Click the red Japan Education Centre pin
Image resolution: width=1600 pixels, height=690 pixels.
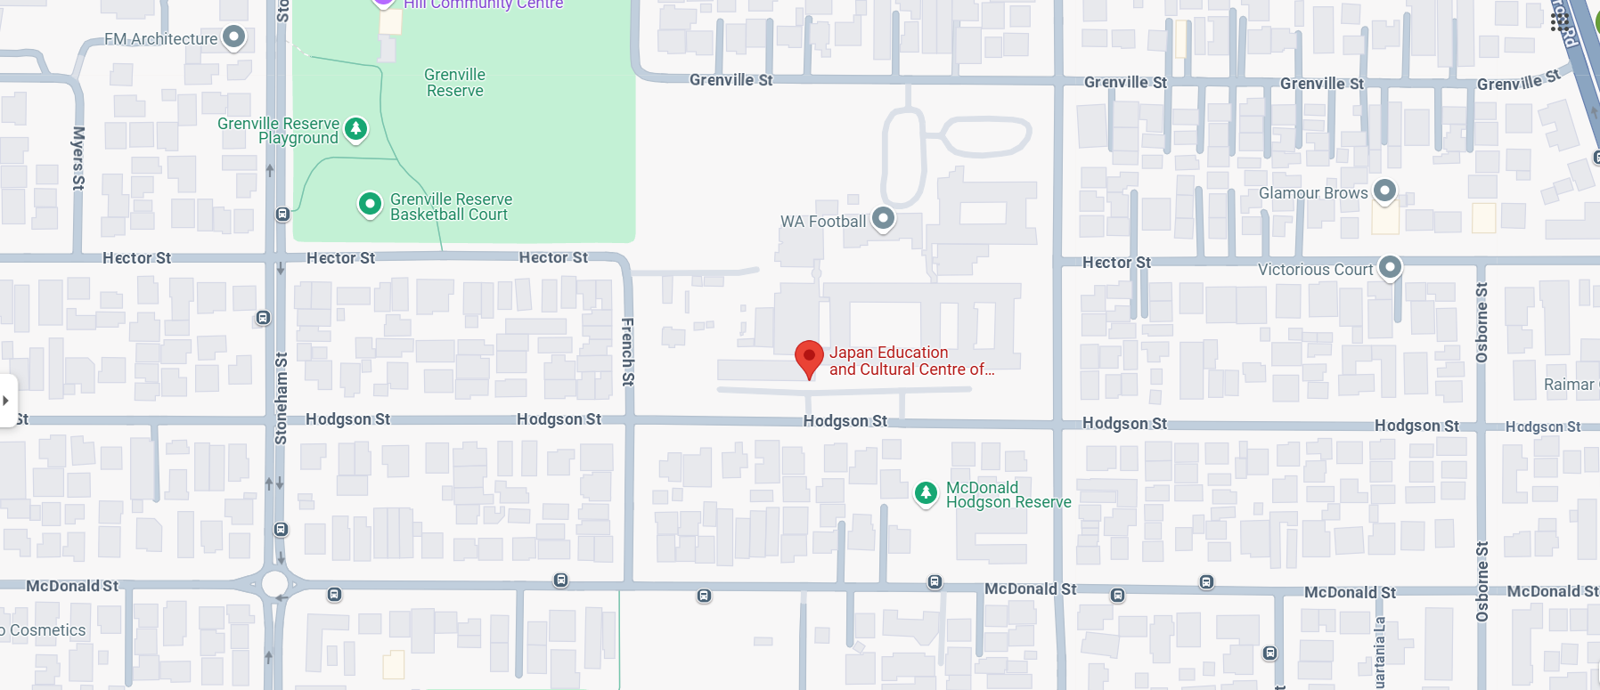point(809,357)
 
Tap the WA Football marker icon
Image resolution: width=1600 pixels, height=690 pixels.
point(883,218)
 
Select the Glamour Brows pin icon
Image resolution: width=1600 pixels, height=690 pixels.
point(1384,191)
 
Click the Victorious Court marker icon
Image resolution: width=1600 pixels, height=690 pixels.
point(1390,267)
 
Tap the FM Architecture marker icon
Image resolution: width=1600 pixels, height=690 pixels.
point(233,37)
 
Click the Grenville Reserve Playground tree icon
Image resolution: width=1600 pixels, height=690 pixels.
point(356,129)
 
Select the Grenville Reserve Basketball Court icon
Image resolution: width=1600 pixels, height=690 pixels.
point(370,205)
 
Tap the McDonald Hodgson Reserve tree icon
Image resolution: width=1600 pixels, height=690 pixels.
point(927,492)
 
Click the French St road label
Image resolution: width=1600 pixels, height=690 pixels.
point(627,352)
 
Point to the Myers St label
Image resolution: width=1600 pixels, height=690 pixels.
point(78,158)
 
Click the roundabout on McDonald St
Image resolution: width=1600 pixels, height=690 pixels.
point(274,585)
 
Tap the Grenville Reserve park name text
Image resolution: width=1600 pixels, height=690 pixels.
point(454,83)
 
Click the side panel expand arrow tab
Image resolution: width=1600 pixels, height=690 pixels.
point(6,401)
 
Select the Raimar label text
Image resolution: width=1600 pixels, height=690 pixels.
point(1569,385)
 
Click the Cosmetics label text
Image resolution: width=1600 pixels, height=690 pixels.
point(46,630)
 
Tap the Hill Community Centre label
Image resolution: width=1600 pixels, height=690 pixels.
point(483,4)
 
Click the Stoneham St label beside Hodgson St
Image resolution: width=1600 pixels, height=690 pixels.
point(282,398)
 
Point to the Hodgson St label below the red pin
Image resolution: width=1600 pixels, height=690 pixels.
point(845,421)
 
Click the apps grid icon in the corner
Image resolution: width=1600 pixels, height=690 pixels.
point(1559,21)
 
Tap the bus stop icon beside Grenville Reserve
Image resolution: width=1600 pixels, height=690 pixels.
point(282,215)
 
